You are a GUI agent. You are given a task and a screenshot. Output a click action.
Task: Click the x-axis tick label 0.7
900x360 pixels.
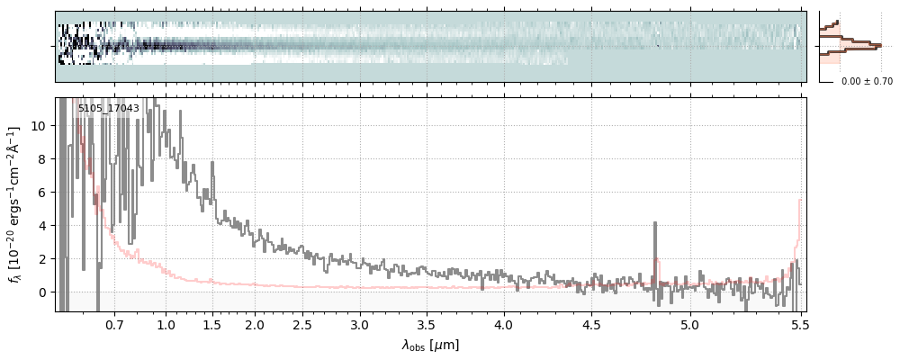pos(114,324)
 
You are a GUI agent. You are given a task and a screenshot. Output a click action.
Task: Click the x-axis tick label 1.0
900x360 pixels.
pos(166,324)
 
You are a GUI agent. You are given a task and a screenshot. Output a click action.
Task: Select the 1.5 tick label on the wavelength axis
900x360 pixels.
pos(211,324)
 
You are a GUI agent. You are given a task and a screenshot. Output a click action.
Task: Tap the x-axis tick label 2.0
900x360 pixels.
pos(255,324)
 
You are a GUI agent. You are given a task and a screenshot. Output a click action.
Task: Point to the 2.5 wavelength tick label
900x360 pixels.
pos(302,324)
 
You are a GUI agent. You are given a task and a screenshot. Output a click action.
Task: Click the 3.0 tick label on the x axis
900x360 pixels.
pos(360,324)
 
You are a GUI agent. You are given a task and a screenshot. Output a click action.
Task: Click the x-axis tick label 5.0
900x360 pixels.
pos(690,324)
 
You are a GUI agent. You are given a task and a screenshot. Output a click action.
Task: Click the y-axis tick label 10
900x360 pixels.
pos(39,126)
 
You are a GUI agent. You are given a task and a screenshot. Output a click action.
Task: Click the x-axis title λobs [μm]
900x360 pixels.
pos(430,345)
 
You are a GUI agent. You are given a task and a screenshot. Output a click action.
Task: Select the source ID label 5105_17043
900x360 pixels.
pos(108,108)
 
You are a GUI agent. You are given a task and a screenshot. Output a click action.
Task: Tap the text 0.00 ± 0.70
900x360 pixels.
pos(867,82)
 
